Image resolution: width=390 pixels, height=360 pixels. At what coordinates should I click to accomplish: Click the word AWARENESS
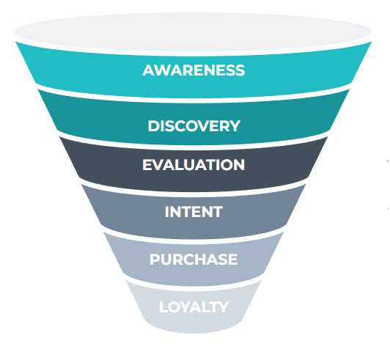tap(194, 70)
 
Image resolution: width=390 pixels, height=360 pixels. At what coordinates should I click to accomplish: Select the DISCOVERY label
tap(194, 126)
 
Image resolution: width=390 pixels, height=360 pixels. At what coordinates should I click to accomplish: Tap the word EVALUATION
tap(194, 165)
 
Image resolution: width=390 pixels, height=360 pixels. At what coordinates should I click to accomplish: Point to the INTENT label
tap(194, 212)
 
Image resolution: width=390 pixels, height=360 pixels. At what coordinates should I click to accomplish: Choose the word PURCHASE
tap(194, 260)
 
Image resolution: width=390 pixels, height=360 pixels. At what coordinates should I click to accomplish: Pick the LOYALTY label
tap(194, 307)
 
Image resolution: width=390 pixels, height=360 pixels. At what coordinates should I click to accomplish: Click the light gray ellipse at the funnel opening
tap(193, 32)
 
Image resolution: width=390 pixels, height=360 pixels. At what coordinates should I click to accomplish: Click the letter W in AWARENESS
tap(163, 70)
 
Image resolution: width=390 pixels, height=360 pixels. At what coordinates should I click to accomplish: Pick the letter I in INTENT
tap(167, 212)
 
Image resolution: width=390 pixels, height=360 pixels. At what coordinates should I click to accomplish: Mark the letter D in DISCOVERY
tap(153, 126)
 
